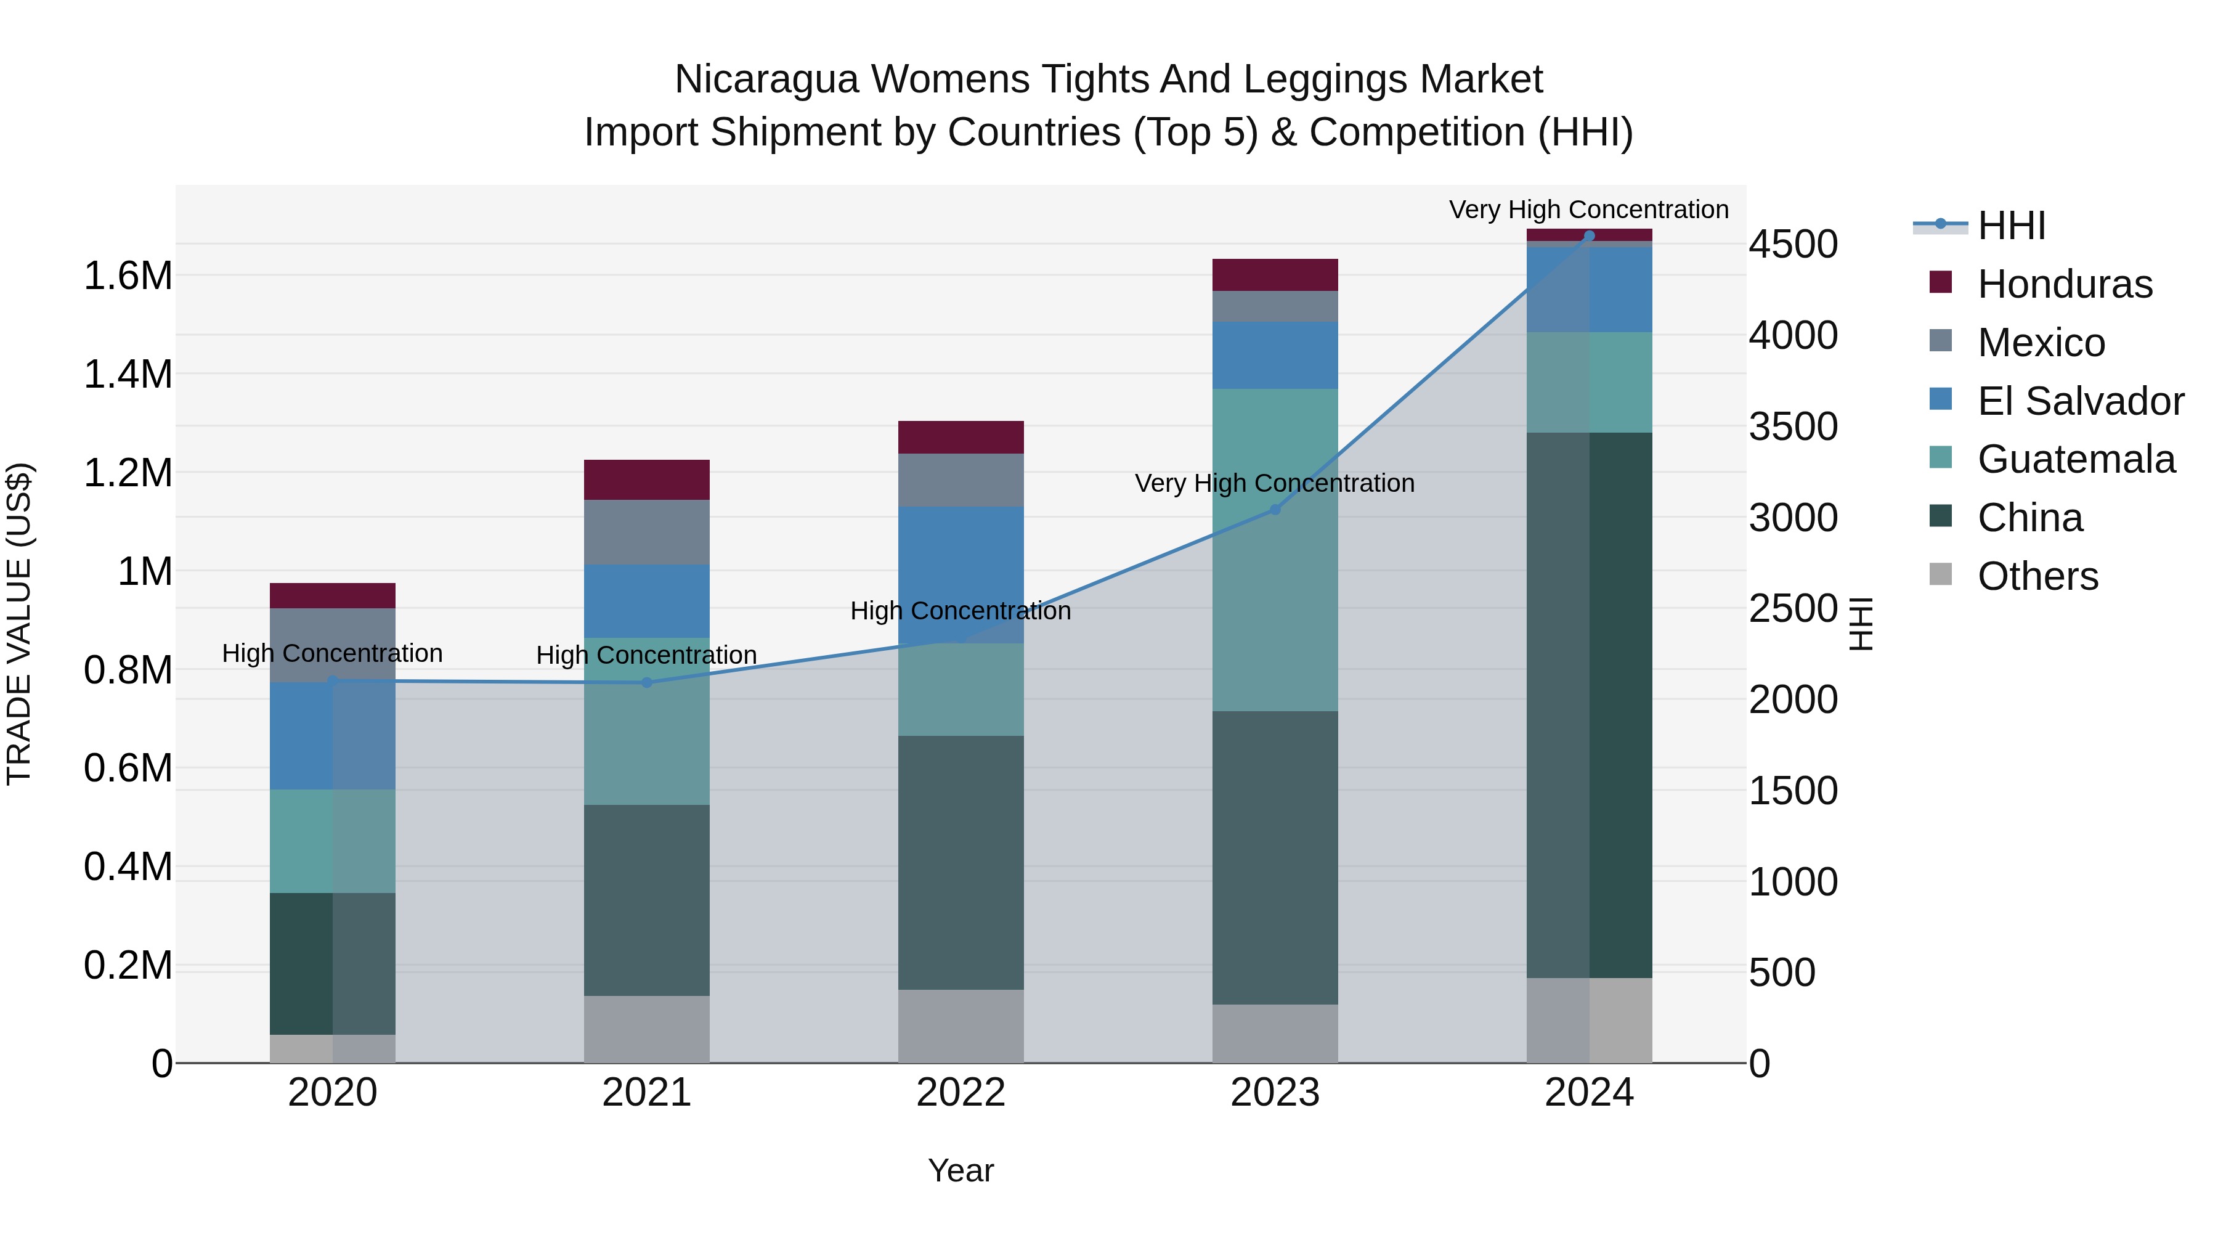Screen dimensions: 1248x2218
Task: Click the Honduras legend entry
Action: tap(2064, 284)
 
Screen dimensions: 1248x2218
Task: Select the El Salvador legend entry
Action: tap(2079, 401)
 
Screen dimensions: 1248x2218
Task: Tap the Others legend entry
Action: tap(2037, 576)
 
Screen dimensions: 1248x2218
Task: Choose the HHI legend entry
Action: tap(2012, 226)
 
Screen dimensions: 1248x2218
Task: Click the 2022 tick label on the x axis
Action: tap(961, 1093)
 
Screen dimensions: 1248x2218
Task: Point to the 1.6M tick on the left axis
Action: tap(128, 277)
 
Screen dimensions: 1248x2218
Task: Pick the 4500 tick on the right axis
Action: tap(1793, 245)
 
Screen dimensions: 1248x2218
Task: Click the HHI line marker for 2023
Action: tap(1275, 510)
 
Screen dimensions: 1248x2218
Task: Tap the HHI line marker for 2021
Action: tap(648, 683)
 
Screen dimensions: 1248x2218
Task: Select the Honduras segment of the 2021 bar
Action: tap(647, 479)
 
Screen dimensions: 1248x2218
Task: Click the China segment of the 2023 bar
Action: tap(1275, 857)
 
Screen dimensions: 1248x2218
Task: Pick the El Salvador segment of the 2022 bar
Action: tap(961, 574)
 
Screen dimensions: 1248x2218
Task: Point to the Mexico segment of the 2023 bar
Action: tap(1275, 307)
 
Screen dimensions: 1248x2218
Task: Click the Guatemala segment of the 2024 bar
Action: tap(1590, 382)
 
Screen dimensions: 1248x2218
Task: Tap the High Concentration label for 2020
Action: tap(332, 654)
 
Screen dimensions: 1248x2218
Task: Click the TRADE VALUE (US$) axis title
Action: tap(19, 624)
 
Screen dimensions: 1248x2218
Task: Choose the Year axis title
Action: tap(961, 1172)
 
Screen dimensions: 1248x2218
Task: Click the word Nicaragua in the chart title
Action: tap(766, 80)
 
